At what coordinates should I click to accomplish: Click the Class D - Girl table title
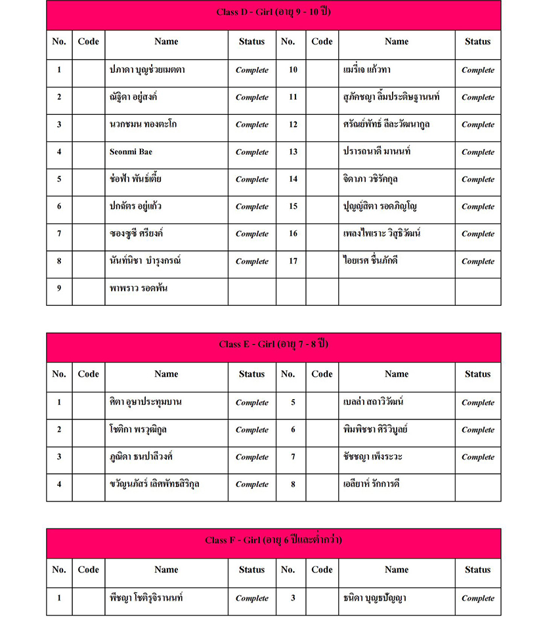click(x=273, y=12)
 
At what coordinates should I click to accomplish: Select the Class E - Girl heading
click(x=273, y=344)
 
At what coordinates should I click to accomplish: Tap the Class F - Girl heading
click(x=273, y=540)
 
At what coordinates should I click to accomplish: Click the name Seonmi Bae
click(x=131, y=152)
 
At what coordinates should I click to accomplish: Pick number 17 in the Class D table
click(x=293, y=261)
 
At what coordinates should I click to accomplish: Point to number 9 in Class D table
click(x=59, y=288)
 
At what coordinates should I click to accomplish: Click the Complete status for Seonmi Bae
click(x=252, y=152)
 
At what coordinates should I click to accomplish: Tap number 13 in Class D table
click(x=293, y=152)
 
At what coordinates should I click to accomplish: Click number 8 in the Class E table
click(x=293, y=484)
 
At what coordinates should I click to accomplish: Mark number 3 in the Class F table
click(x=293, y=598)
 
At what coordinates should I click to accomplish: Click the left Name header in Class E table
click(x=166, y=374)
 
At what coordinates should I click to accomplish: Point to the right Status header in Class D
click(x=477, y=41)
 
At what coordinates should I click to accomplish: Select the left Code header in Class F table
click(x=88, y=570)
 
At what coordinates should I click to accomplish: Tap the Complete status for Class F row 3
click(x=477, y=598)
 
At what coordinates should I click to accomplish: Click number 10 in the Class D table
click(x=293, y=70)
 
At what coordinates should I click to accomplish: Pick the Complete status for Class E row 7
click(x=477, y=457)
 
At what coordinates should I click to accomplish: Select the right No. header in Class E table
click(x=288, y=374)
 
